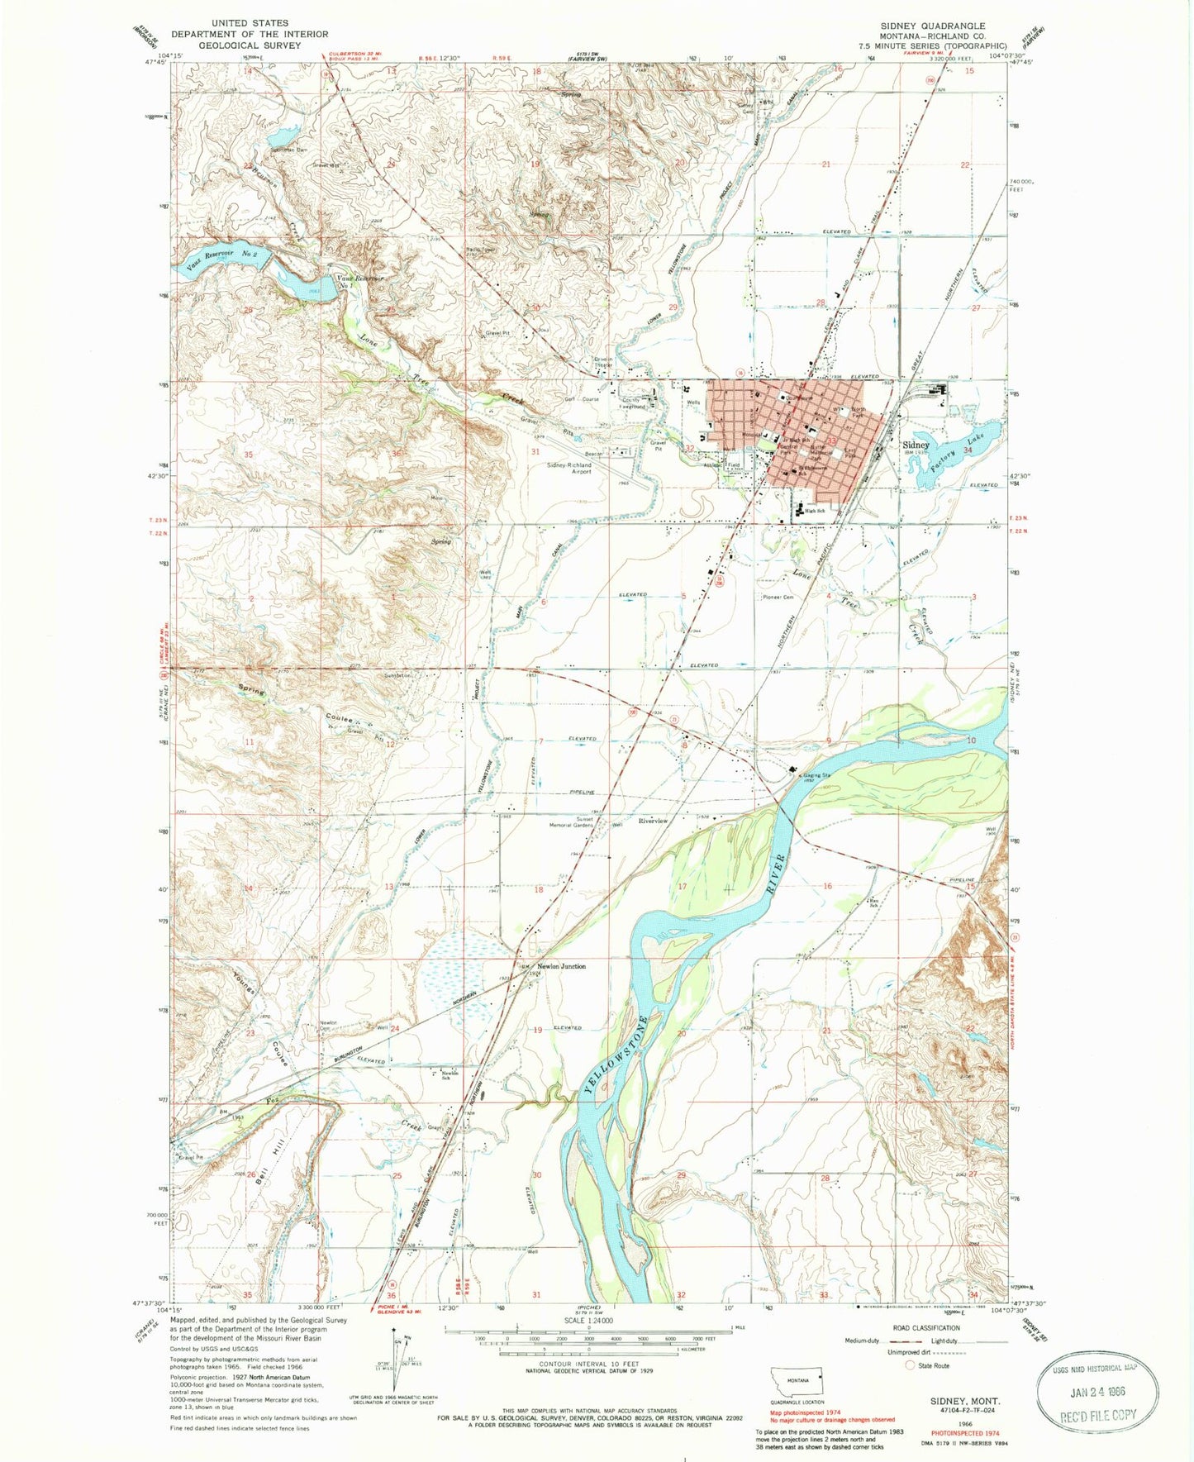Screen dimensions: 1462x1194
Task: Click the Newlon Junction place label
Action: click(x=562, y=966)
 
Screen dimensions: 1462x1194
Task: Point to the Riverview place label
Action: click(x=652, y=821)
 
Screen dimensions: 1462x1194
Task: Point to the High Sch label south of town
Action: click(x=816, y=511)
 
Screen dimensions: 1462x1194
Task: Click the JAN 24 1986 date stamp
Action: click(x=1097, y=1390)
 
